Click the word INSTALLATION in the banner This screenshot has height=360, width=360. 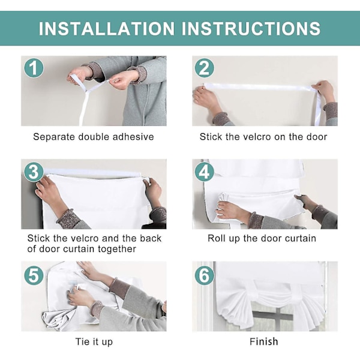[x=107, y=28]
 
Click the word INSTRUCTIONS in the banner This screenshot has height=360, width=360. [x=251, y=28]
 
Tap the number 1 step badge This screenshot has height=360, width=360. [x=34, y=68]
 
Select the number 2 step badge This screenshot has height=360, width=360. [x=205, y=68]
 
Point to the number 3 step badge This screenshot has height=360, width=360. [x=34, y=172]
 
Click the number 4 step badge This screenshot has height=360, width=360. [x=205, y=172]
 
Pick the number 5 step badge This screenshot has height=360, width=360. [x=34, y=275]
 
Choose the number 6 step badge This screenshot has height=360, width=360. [x=205, y=275]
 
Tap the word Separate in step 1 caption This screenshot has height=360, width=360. [x=55, y=137]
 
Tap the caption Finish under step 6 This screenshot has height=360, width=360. [x=264, y=341]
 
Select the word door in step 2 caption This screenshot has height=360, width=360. [x=317, y=137]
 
